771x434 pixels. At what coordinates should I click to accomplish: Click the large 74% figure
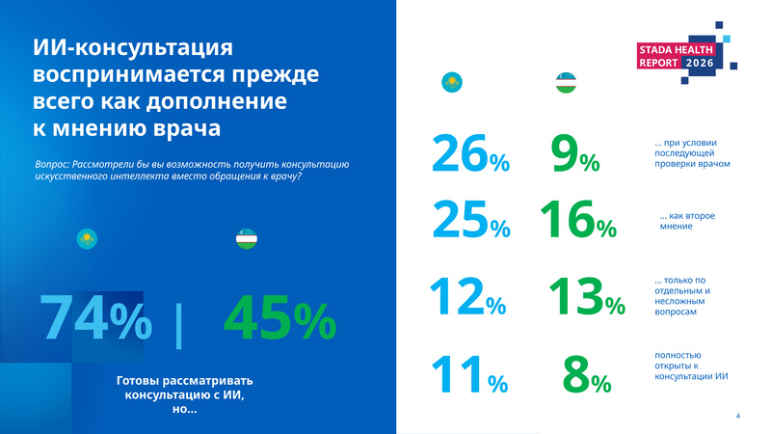coord(95,317)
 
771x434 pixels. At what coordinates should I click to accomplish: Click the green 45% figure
coord(279,317)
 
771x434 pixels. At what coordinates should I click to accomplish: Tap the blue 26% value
coord(470,153)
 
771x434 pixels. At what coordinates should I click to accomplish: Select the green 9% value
coord(575,153)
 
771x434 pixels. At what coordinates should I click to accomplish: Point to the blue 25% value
coord(471,219)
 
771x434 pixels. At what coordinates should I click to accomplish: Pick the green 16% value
coord(578,219)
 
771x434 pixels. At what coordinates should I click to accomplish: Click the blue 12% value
coord(467,296)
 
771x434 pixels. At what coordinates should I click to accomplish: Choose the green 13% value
coord(587,296)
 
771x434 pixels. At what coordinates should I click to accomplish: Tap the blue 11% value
coord(469,374)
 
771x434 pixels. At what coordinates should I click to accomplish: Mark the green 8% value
coord(587,374)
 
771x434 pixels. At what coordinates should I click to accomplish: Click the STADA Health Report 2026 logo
coord(687,53)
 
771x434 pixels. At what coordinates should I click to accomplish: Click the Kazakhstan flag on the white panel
coord(452,82)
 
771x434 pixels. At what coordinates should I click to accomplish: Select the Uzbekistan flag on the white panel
coord(566,82)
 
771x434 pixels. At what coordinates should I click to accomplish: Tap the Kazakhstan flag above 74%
coord(87,238)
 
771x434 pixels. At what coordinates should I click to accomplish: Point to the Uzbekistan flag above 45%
coord(247,238)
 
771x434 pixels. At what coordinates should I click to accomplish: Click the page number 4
coord(737,416)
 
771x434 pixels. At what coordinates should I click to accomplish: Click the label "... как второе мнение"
coord(687,221)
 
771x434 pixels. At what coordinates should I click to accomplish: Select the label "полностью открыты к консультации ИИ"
coord(691,366)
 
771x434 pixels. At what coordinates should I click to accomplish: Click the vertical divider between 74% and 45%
coord(178,326)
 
